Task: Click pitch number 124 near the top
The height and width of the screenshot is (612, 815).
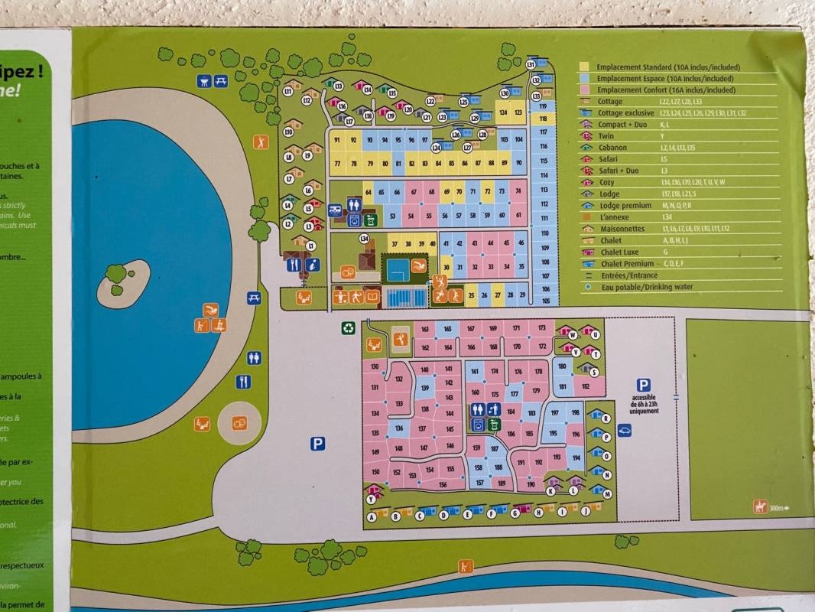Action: tap(503, 112)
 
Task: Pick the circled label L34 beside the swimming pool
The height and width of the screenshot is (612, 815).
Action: tap(365, 239)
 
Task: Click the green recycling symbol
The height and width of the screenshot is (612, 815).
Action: tap(348, 327)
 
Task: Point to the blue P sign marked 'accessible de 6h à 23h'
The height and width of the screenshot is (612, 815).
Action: tap(644, 386)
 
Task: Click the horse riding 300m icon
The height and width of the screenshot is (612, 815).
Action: tap(761, 506)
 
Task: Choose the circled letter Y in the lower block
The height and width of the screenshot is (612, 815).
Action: tap(371, 499)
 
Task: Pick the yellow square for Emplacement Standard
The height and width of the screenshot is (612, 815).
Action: tap(585, 67)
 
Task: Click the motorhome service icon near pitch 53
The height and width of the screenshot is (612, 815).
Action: tap(335, 210)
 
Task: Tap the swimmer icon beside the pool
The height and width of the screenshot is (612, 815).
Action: tap(419, 265)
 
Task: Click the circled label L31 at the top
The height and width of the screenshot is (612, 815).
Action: tap(530, 65)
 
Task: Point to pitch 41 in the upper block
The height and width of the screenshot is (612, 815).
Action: tap(446, 243)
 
